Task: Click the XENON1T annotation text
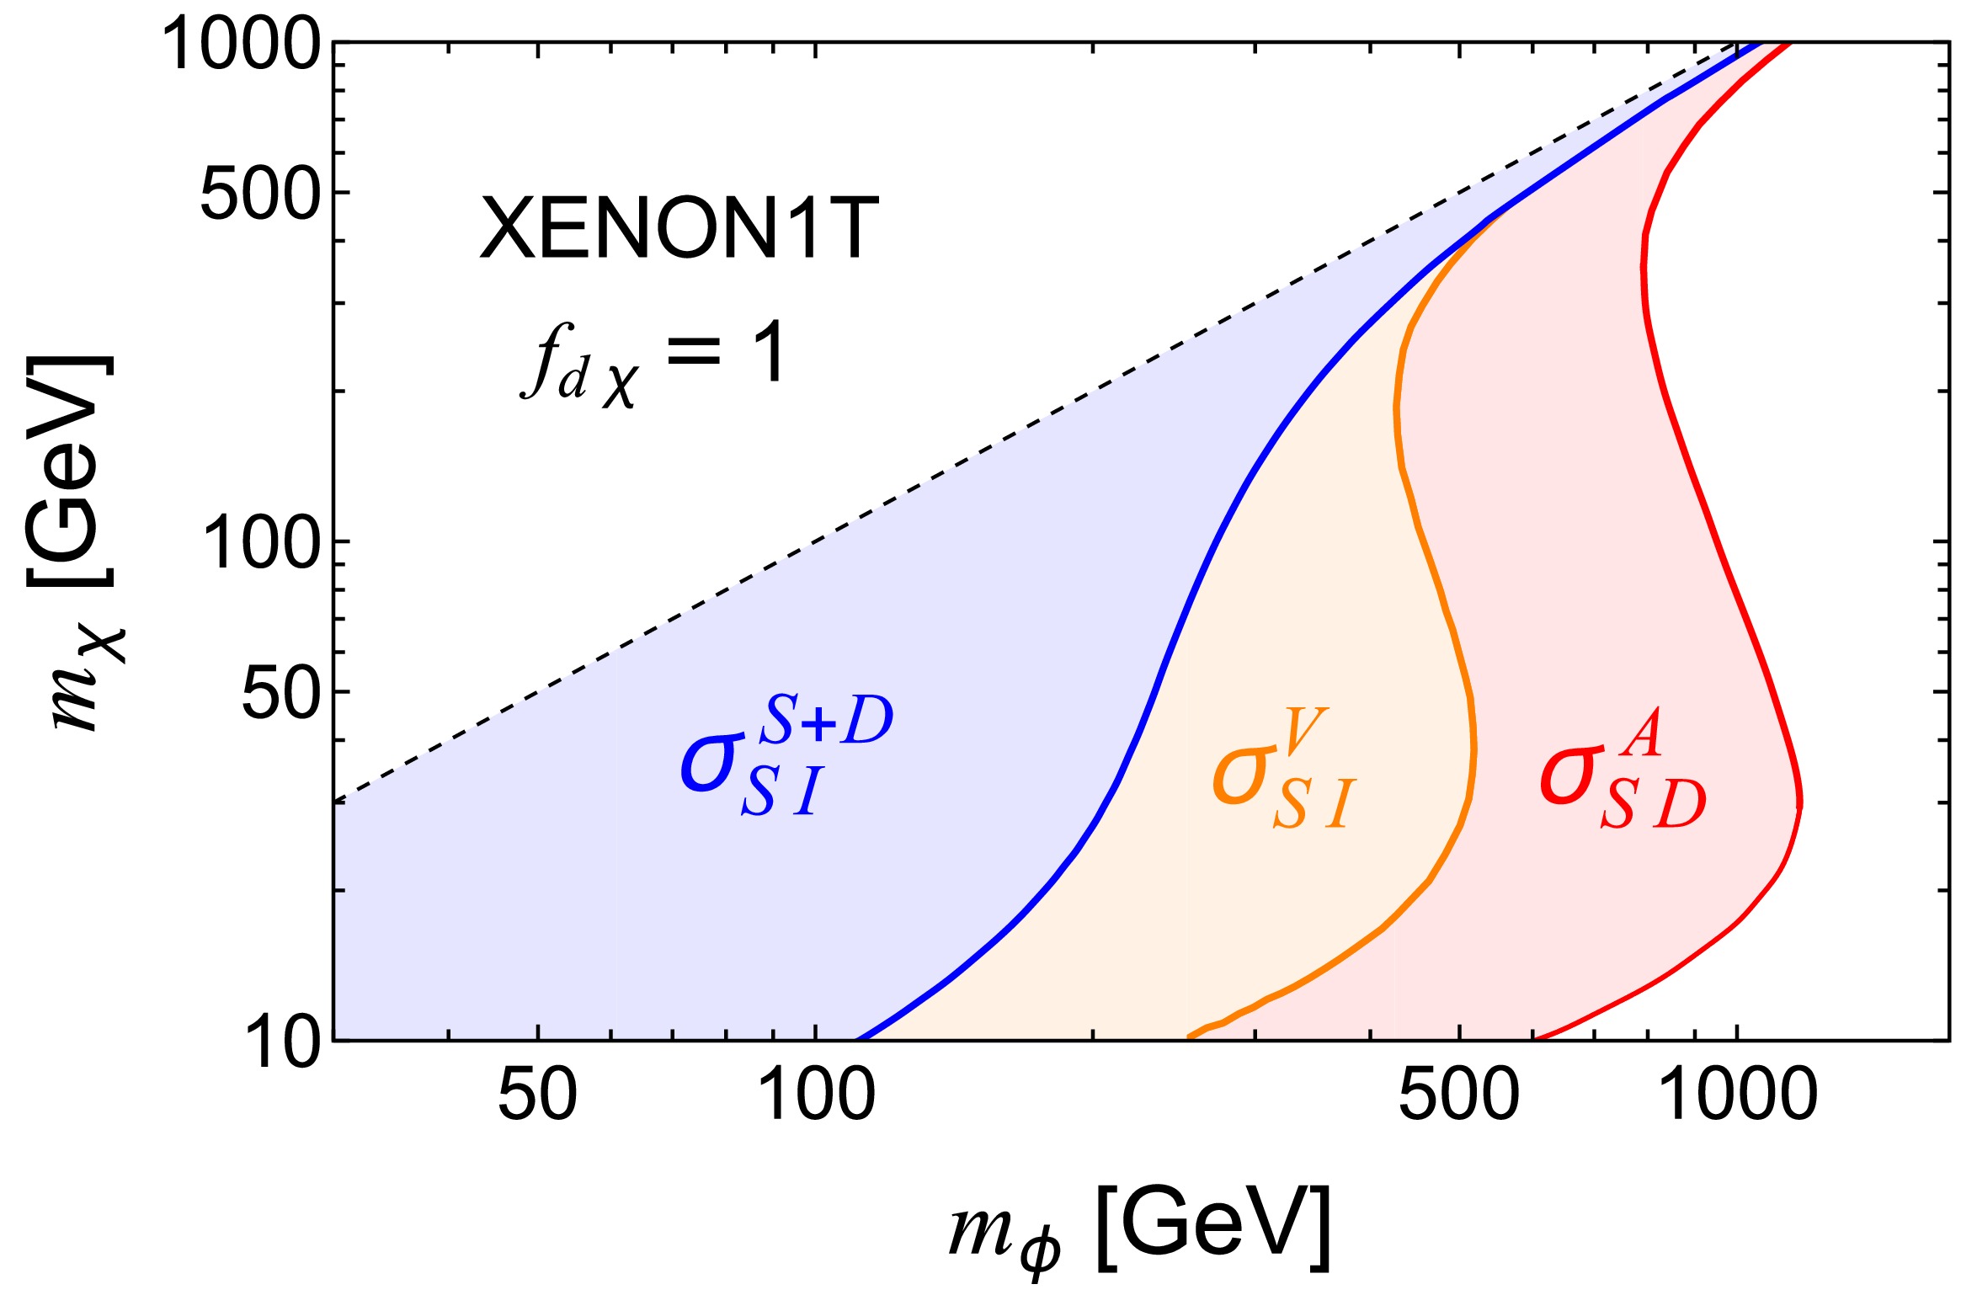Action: [679, 228]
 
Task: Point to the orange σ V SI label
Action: [1283, 769]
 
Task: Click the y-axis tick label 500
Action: [260, 195]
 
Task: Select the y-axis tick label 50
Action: [280, 694]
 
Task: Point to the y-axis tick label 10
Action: [285, 1042]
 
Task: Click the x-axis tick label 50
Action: [537, 1095]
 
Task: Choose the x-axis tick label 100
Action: [816, 1095]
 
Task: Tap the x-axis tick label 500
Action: [1458, 1095]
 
